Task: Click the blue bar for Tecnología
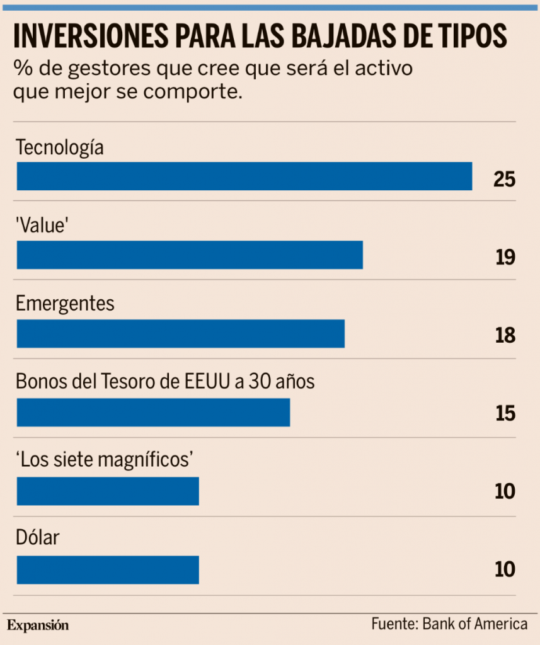pos(244,176)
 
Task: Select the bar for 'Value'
pos(190,255)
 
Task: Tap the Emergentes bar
pos(181,334)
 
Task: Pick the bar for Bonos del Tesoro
pos(153,413)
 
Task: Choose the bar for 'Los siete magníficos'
pos(108,491)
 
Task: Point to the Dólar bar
pos(108,570)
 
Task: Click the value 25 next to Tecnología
pos(505,180)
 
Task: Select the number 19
pos(505,258)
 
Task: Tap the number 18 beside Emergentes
pos(505,336)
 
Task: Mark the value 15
pos(505,414)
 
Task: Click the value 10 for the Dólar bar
pos(505,570)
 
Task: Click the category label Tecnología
pos(60,149)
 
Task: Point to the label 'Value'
pos(42,226)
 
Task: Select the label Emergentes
pos(66,304)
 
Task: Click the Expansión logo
pos(38,625)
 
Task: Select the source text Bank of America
pos(475,624)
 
